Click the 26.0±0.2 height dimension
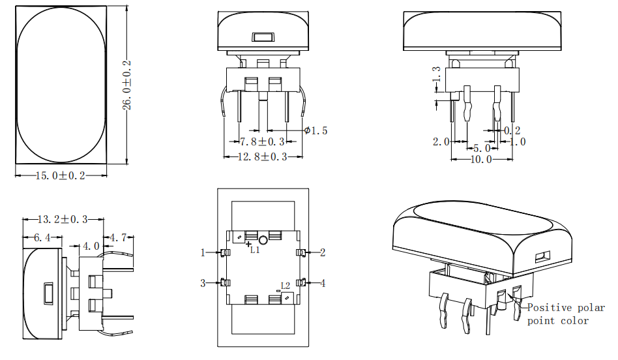(x=128, y=85)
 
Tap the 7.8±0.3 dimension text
(x=262, y=142)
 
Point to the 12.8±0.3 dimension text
(x=262, y=157)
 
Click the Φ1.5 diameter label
(x=316, y=130)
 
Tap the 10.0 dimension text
(x=481, y=159)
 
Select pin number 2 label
(x=322, y=252)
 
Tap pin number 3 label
(x=203, y=282)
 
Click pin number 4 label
(x=322, y=282)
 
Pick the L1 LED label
(x=255, y=248)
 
